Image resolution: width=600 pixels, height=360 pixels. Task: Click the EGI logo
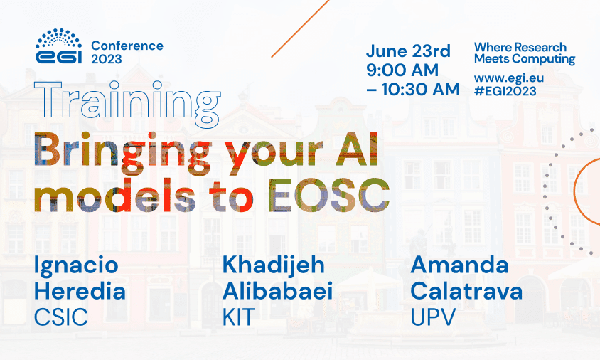[x=58, y=46]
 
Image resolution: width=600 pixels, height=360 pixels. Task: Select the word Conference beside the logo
[x=127, y=46]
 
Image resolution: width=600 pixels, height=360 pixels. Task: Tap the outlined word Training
[x=127, y=103]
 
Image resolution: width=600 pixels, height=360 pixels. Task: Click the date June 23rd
[x=408, y=51]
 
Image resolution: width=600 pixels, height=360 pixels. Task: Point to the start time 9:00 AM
[x=402, y=70]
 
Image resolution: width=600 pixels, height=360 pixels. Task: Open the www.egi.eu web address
[x=509, y=78]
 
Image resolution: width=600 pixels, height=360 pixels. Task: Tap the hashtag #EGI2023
[x=505, y=91]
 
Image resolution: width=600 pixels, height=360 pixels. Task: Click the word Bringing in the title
[x=123, y=152]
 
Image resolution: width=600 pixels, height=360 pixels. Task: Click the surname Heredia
[x=80, y=291]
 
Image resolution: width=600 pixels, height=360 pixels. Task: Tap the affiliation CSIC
[x=61, y=317]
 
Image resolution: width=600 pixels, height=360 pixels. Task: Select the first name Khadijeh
[x=274, y=265]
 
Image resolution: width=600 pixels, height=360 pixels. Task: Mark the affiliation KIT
[x=238, y=317]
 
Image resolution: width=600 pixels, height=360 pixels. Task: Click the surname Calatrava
[x=466, y=291]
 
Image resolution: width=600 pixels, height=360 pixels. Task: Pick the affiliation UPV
[x=433, y=317]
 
